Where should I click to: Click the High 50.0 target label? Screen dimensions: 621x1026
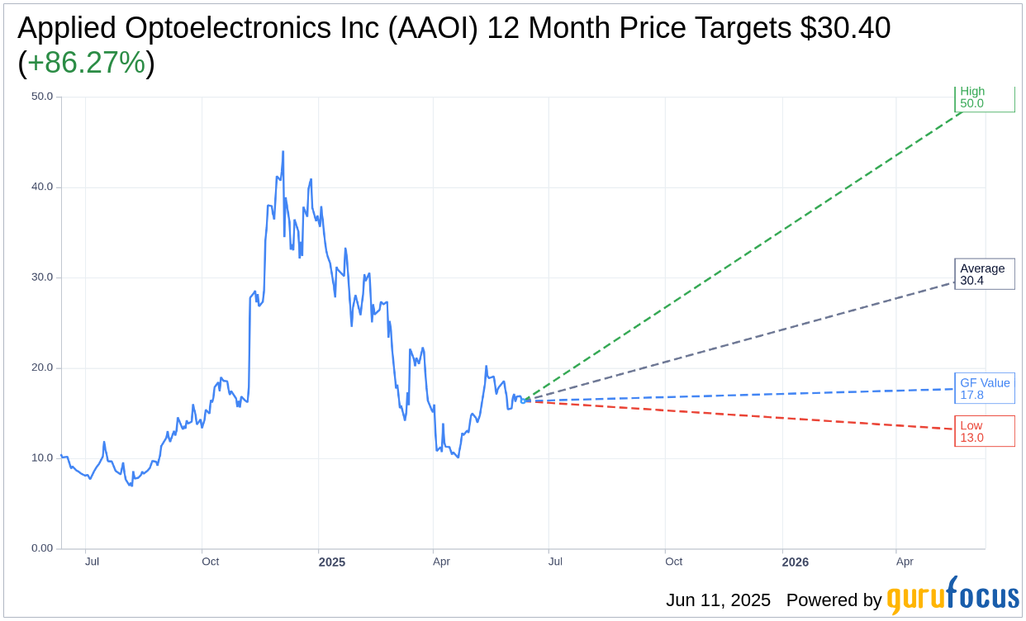pyautogui.click(x=984, y=98)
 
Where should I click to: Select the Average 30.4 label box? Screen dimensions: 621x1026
pyautogui.click(x=984, y=274)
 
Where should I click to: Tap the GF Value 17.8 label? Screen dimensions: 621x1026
pyautogui.click(x=984, y=388)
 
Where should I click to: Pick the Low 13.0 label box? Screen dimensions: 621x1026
pyautogui.click(x=984, y=431)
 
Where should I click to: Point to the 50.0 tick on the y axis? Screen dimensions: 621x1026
pyautogui.click(x=42, y=96)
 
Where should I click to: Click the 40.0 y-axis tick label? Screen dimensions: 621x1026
pyautogui.click(x=42, y=187)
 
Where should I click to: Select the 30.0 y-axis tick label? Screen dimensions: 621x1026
pyautogui.click(x=42, y=277)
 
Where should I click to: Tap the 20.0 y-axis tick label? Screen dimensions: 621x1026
pyautogui.click(x=42, y=367)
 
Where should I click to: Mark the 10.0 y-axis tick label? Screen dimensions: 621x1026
pyautogui.click(x=42, y=457)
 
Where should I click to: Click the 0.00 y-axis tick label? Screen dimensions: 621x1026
pyautogui.click(x=42, y=548)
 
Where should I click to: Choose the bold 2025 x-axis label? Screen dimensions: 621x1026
pyautogui.click(x=332, y=562)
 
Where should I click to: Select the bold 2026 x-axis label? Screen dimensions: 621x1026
pyautogui.click(x=796, y=562)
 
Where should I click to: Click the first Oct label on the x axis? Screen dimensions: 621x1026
pyautogui.click(x=211, y=562)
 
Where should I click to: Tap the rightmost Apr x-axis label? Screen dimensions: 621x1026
pyautogui.click(x=905, y=562)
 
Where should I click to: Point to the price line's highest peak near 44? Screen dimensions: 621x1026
pyautogui.click(x=283, y=152)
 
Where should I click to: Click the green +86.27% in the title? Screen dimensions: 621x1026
pyautogui.click(x=86, y=63)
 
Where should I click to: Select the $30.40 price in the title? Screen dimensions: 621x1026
pyautogui.click(x=845, y=28)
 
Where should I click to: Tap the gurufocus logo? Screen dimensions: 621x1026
pyautogui.click(x=952, y=596)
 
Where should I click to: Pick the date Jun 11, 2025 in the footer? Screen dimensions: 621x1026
pyautogui.click(x=718, y=600)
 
